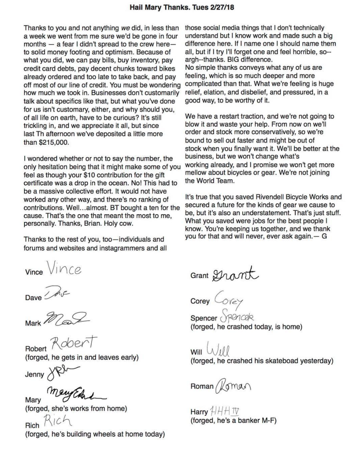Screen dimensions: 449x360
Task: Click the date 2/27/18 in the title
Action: tap(221, 7)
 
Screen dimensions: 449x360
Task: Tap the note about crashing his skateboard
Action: tap(262, 361)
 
